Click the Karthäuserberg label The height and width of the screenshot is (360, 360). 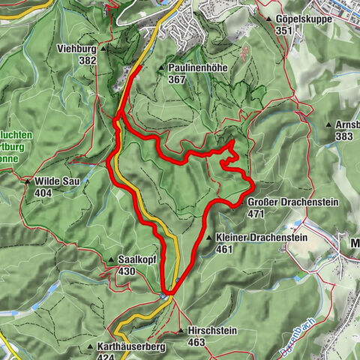tap(131, 347)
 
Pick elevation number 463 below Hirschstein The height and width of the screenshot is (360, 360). tap(196, 342)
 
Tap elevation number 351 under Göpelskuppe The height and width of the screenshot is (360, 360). tap(283, 30)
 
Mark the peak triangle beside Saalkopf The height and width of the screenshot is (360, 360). tap(111, 259)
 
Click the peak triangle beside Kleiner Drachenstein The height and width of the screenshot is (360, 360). tap(209, 238)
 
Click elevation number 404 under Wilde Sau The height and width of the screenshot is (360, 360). tap(43, 193)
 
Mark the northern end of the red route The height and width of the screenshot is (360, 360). tap(140, 67)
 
